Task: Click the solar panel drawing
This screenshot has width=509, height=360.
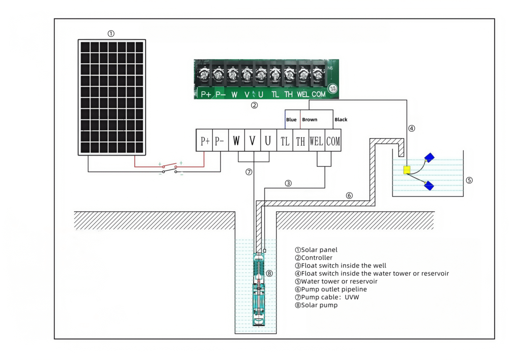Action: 112,97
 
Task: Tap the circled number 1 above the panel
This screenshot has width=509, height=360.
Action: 111,33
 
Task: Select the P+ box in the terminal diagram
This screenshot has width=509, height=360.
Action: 204,140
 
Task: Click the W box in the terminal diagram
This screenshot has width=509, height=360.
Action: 236,140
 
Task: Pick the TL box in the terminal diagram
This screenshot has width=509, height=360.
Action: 285,140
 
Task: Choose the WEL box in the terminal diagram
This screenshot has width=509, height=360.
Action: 317,140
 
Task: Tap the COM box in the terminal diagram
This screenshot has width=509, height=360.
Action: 333,140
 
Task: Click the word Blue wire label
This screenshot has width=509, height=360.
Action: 291,119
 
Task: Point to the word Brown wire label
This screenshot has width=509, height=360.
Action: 310,119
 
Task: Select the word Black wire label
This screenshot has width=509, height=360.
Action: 341,119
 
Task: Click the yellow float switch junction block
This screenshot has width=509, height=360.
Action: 407,170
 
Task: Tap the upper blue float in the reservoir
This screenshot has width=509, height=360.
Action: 429,158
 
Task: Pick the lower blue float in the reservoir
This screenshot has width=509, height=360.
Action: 429,185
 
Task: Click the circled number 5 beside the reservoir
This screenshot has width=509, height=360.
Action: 469,180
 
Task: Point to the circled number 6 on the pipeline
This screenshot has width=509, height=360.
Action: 349,195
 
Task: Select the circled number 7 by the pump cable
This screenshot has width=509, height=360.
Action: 249,172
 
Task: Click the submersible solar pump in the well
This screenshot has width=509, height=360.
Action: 258,289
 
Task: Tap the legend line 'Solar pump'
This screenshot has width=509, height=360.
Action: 316,305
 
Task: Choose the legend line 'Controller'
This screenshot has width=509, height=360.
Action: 314,258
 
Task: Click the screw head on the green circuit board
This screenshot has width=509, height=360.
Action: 333,89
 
